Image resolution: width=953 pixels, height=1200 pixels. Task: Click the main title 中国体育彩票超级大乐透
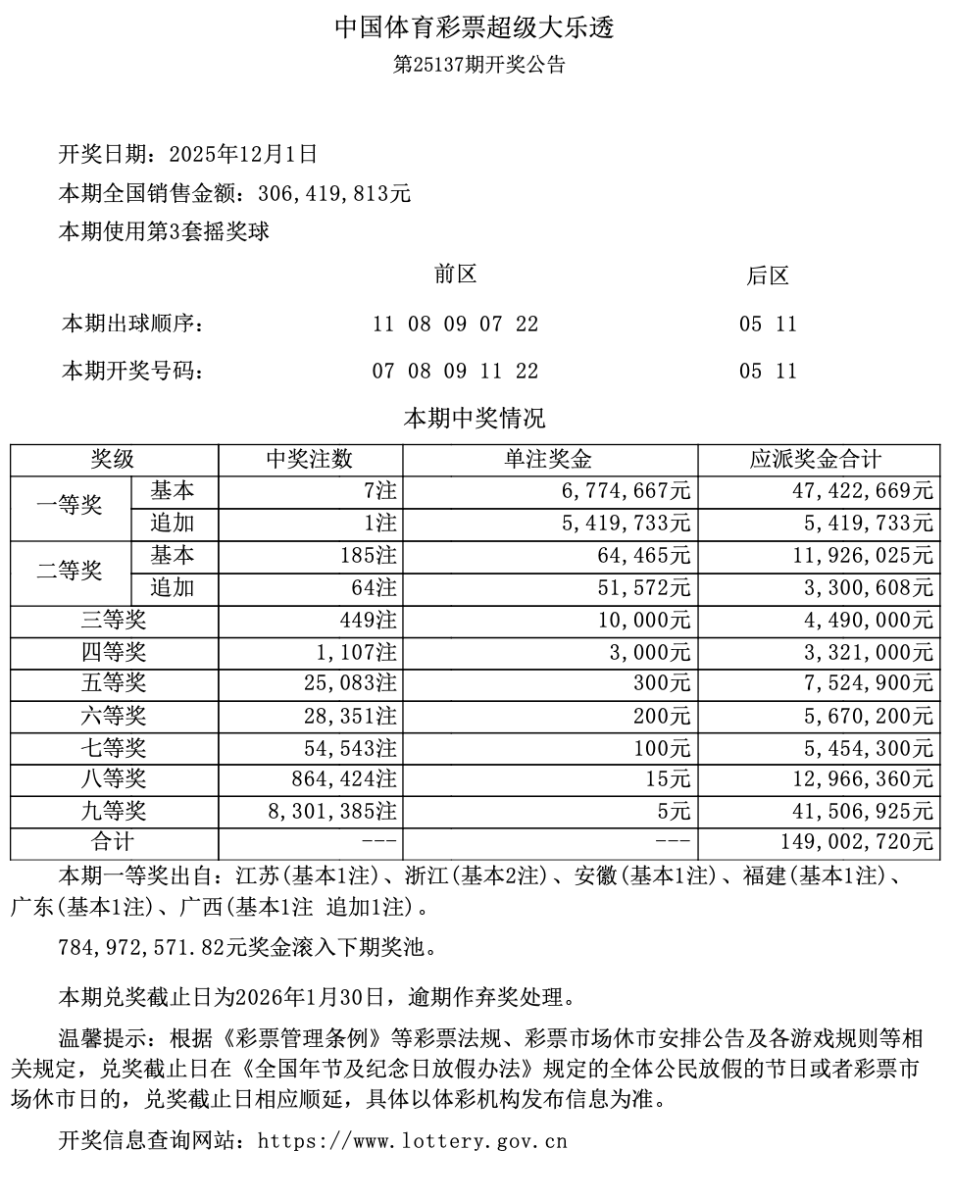476,27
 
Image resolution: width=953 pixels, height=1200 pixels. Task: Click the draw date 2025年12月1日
243,153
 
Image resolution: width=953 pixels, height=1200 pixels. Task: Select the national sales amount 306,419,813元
333,193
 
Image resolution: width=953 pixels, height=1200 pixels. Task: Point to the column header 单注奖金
549,460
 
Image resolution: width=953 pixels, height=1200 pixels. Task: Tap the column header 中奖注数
310,460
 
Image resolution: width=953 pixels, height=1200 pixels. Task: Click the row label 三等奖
114,620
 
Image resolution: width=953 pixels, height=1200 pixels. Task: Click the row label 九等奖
114,812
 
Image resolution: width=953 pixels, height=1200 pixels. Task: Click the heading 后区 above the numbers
768,276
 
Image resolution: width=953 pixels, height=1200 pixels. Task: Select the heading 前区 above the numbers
456,275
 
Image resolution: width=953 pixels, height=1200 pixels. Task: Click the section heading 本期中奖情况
476,419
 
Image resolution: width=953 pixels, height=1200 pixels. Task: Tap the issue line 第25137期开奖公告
479,66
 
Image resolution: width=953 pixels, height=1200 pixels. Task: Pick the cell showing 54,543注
350,748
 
